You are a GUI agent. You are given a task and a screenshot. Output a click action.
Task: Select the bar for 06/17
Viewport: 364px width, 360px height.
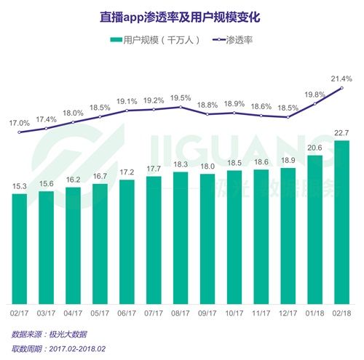[127, 241]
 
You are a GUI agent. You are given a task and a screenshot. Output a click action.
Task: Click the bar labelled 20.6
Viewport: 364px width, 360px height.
[314, 230]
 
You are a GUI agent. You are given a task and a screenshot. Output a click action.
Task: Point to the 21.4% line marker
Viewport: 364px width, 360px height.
[341, 88]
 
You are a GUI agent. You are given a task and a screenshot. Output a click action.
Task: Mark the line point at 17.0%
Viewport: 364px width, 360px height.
[20, 132]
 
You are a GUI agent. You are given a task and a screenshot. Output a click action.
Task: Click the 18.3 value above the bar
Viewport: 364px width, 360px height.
[181, 164]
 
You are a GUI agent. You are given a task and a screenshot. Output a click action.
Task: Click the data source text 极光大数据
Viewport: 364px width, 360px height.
[69, 334]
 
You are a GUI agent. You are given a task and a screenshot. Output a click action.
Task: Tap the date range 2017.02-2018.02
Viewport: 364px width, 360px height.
[85, 348]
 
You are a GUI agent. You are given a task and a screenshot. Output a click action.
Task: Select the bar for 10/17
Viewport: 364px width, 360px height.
[234, 237]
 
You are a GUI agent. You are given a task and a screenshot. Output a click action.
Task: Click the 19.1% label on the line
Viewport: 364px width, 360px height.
[127, 101]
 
